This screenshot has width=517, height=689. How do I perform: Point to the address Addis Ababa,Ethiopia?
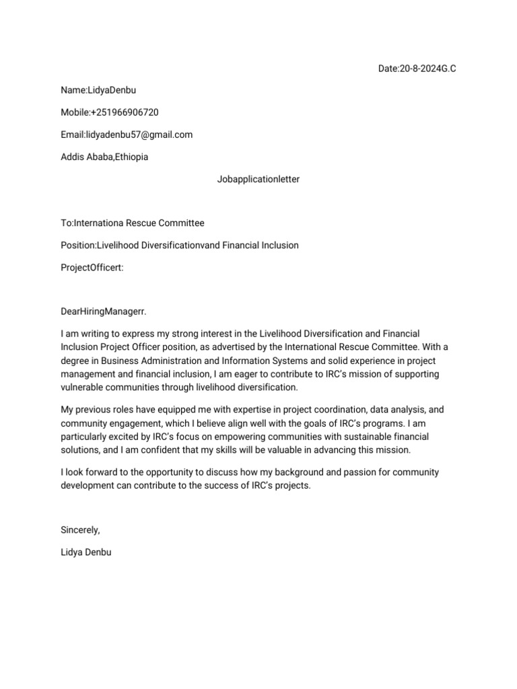[104, 157]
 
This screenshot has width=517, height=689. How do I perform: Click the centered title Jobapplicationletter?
[258, 179]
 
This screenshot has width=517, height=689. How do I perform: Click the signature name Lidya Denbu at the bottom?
[85, 552]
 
